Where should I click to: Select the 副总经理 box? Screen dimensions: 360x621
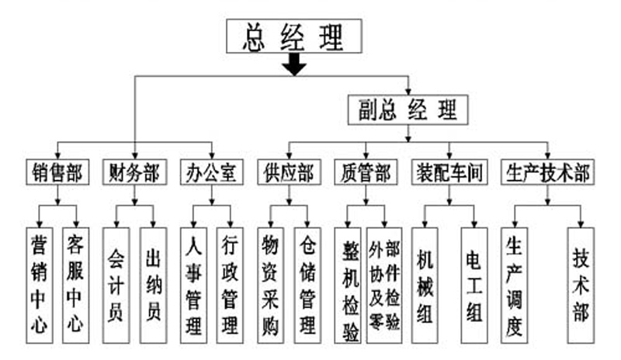(x=408, y=109)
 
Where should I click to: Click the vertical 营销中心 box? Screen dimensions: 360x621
(x=39, y=284)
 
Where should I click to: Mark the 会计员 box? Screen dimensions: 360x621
(x=116, y=284)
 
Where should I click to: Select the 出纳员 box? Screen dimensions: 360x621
(x=153, y=284)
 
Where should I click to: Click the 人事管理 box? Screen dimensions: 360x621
(x=193, y=284)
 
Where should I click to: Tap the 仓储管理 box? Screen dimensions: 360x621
(x=307, y=284)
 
